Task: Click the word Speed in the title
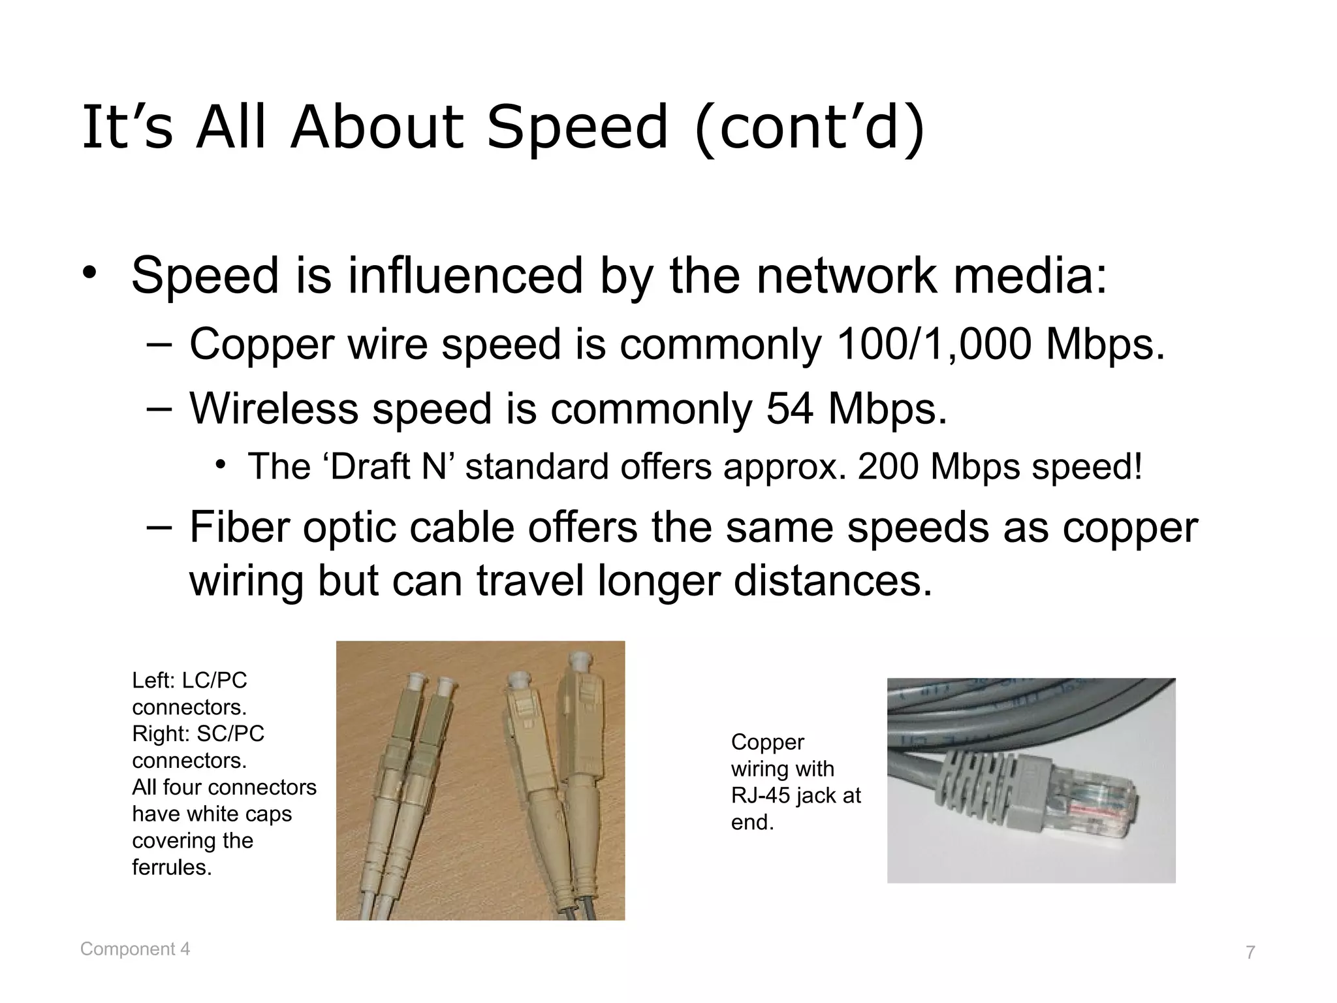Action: [x=578, y=127]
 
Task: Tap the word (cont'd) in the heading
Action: [x=810, y=127]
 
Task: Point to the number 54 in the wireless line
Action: [x=789, y=409]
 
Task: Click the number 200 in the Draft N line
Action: [x=888, y=467]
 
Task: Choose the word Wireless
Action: [x=274, y=409]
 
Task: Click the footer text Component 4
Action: [x=135, y=949]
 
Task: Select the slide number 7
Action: [x=1250, y=953]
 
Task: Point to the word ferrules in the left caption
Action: [x=172, y=867]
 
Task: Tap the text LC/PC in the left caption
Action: [x=214, y=680]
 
